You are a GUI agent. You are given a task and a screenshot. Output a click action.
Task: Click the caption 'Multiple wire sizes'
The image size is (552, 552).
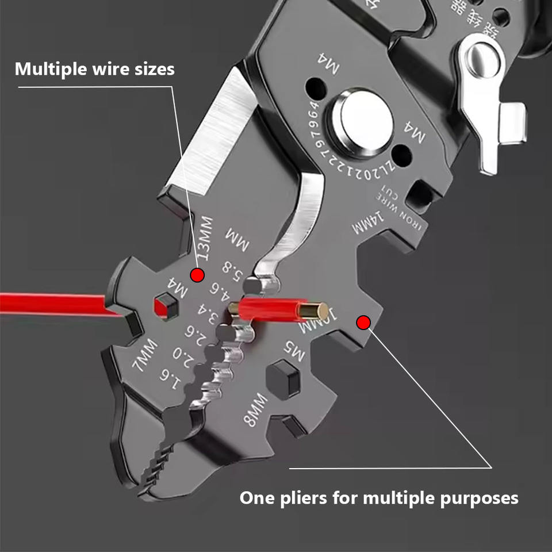[x=94, y=70]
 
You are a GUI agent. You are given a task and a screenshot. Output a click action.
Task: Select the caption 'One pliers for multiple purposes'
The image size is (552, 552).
[x=378, y=497]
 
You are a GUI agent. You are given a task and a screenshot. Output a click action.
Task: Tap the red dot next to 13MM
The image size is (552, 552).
[x=197, y=275]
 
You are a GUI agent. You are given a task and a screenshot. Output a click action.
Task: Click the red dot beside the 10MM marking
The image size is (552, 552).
[x=363, y=323]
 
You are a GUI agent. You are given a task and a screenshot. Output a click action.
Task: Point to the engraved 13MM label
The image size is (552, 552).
[x=204, y=238]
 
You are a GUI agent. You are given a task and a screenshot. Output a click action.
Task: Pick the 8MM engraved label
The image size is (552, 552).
[x=256, y=409]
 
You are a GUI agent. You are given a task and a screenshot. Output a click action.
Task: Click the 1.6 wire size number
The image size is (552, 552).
[x=168, y=375]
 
